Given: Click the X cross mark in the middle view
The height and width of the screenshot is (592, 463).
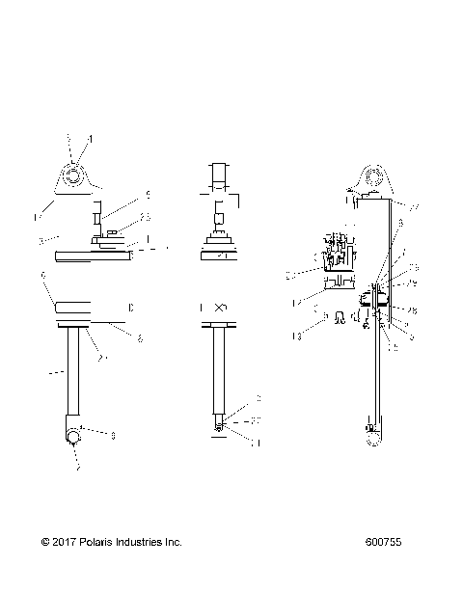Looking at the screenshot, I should [221, 308].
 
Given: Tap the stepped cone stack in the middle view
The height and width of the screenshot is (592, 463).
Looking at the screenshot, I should [221, 238].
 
